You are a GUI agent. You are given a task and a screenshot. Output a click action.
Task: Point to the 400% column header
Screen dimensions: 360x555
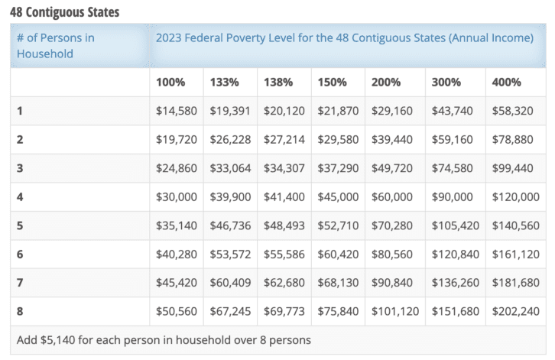pyautogui.click(x=507, y=82)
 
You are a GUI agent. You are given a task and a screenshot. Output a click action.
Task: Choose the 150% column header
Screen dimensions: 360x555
pyautogui.click(x=333, y=82)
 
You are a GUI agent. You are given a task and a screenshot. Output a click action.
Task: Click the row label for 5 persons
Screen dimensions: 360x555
pyautogui.click(x=21, y=225)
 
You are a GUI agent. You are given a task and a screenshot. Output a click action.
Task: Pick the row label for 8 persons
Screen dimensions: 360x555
pyautogui.click(x=21, y=311)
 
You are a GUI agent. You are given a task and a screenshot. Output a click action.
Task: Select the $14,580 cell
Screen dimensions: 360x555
pyautogui.click(x=176, y=111)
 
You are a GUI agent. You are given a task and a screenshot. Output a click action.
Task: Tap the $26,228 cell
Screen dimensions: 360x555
pyautogui.click(x=231, y=140)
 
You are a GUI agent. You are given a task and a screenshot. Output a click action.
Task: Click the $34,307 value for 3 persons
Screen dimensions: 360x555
pyautogui.click(x=284, y=168)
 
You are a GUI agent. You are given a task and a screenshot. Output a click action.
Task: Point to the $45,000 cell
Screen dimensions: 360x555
pyautogui.click(x=339, y=197)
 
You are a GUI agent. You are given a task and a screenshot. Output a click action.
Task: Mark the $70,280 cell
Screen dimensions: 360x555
pyautogui.click(x=392, y=225)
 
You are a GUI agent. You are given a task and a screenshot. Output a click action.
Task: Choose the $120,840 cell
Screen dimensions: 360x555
pyautogui.click(x=455, y=254)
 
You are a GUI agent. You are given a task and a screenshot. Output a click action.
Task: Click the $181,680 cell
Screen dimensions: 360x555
pyautogui.click(x=516, y=283)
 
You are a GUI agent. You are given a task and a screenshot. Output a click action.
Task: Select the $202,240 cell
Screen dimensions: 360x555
pyautogui.click(x=516, y=311)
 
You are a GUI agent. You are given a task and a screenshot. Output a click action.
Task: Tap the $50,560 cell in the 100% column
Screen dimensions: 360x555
pyautogui.click(x=176, y=311)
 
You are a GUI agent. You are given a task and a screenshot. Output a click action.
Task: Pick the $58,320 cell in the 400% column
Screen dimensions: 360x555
pyautogui.click(x=513, y=111)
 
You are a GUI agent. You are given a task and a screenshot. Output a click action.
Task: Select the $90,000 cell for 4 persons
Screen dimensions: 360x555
pyautogui.click(x=452, y=197)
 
